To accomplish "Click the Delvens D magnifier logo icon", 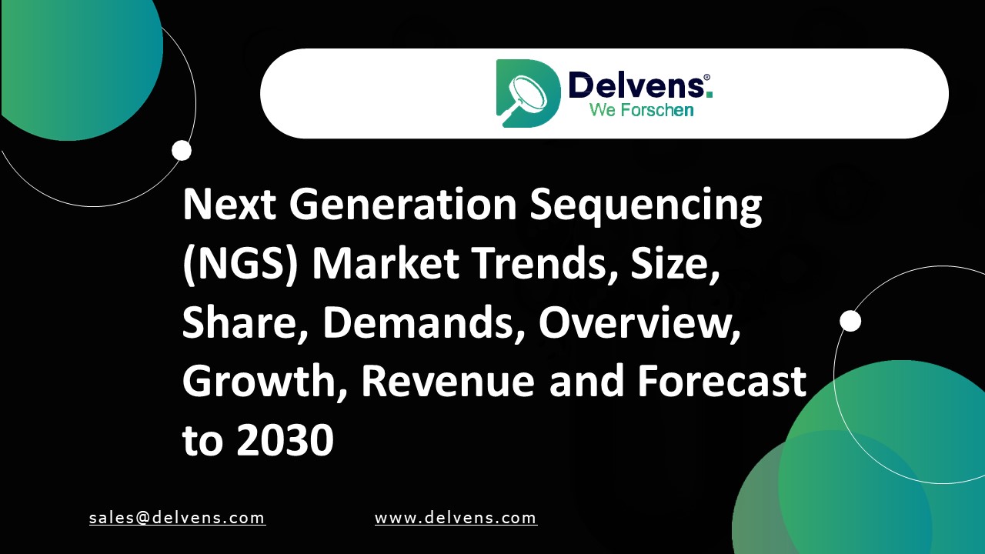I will pos(527,93).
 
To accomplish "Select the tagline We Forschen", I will pos(641,110).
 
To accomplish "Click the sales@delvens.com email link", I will pos(177,518).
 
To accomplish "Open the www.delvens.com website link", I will pos(456,518).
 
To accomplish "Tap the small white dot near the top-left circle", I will pos(182,151).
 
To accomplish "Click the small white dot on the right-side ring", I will pos(850,321).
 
